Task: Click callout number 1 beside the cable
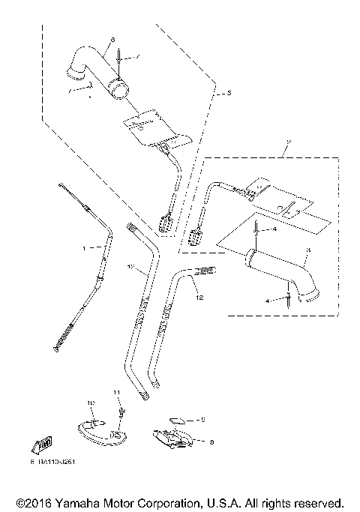(x=84, y=246)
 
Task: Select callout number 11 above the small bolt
(x=116, y=392)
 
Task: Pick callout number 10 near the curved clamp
(x=91, y=403)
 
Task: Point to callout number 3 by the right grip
(x=307, y=250)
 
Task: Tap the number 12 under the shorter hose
(x=199, y=298)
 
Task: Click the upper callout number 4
(x=274, y=229)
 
